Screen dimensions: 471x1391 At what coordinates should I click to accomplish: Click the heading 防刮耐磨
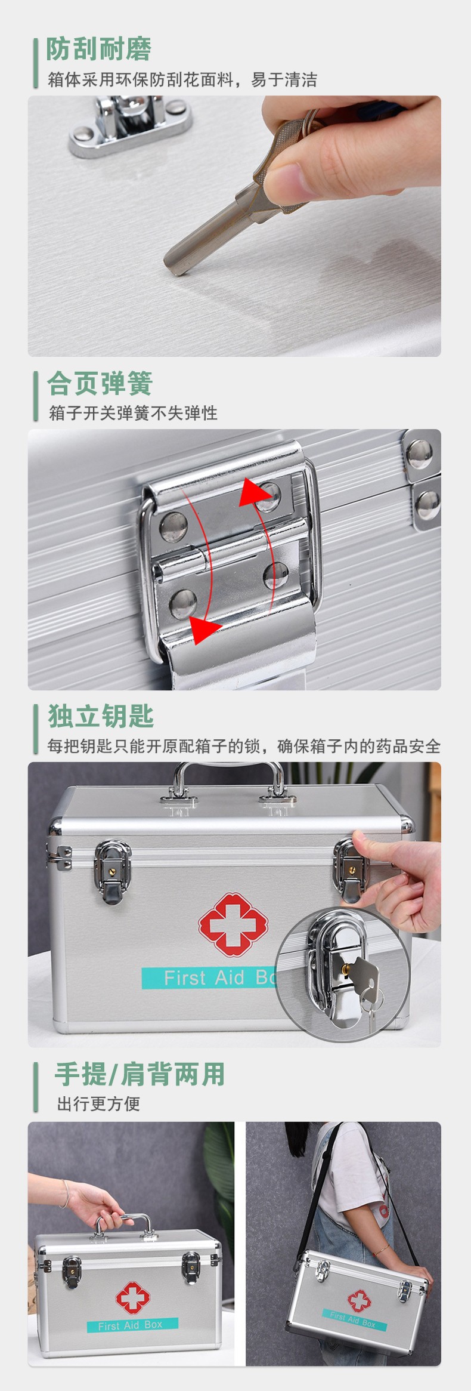click(99, 49)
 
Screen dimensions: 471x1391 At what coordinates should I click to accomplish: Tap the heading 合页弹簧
click(100, 383)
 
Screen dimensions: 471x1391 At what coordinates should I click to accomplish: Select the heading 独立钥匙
click(101, 716)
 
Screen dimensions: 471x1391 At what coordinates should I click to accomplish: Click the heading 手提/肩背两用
click(140, 1074)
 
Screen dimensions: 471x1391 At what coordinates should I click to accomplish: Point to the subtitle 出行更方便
click(98, 1104)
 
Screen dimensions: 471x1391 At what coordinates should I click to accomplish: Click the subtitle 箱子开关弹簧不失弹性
click(133, 413)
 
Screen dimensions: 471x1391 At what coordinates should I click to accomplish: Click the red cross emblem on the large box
click(229, 924)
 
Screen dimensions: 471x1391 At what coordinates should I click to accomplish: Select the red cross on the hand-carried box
click(132, 1298)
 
